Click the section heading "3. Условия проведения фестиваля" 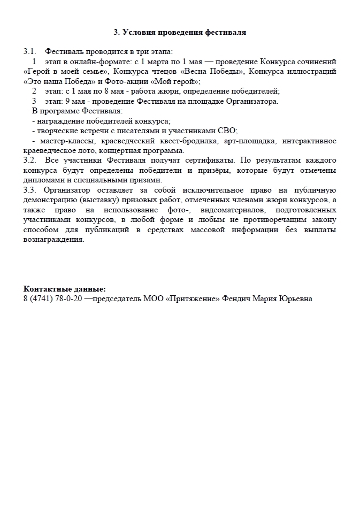point(180,32)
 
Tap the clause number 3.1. point(30,52)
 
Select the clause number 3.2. point(30,160)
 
